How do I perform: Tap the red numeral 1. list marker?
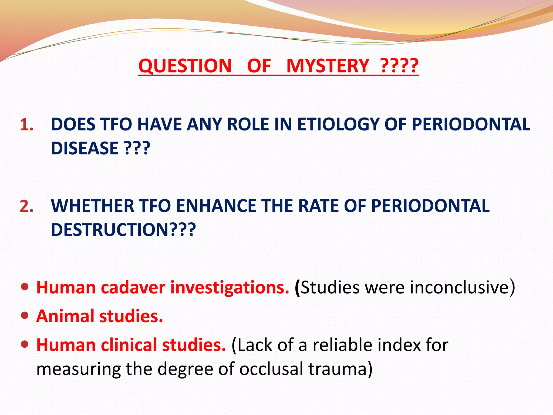(x=27, y=125)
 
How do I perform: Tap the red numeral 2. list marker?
(x=27, y=206)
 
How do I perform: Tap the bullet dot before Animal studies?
(x=25, y=315)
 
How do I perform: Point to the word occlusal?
(x=271, y=369)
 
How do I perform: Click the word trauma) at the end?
(x=340, y=369)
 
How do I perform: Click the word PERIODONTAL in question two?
(x=430, y=206)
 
